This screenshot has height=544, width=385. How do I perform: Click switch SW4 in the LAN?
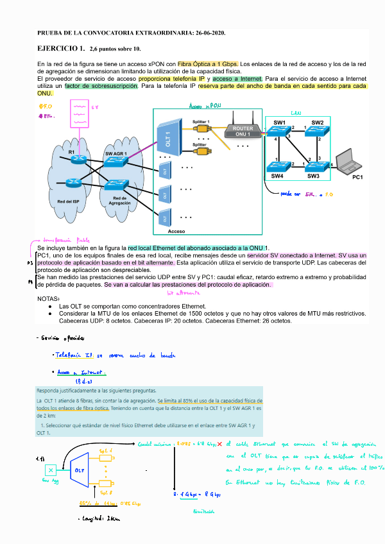(278, 166)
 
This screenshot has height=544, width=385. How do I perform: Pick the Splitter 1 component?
(201, 127)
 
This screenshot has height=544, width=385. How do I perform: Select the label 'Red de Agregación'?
(120, 201)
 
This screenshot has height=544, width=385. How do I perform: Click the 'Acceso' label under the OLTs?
(176, 230)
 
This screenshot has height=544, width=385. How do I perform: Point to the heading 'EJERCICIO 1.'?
(61, 48)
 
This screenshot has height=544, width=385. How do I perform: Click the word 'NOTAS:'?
(49, 298)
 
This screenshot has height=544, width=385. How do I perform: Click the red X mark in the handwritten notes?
(219, 443)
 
